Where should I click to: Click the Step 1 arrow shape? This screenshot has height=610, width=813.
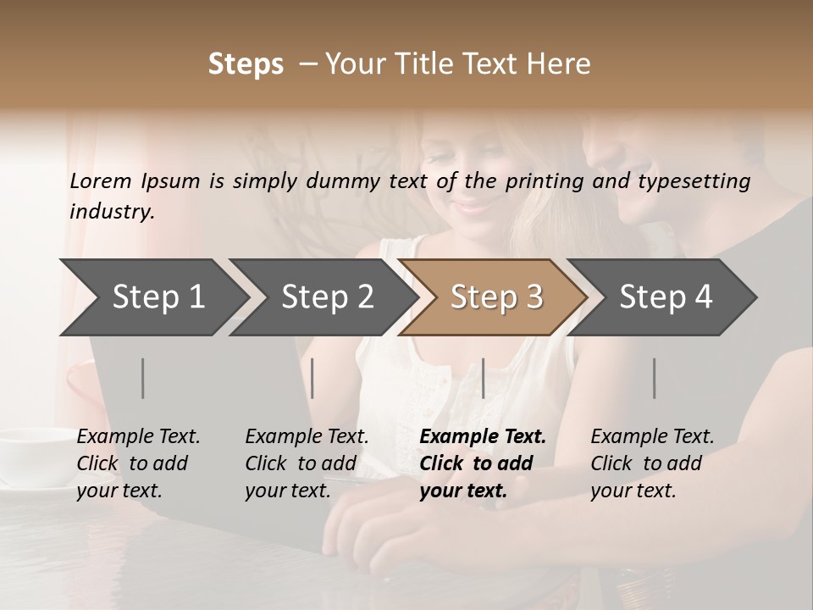tap(152, 297)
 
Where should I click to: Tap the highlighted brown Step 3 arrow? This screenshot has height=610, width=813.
tap(495, 297)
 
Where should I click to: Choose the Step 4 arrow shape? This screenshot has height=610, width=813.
tap(665, 297)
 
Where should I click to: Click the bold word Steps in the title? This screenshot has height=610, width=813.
tap(246, 64)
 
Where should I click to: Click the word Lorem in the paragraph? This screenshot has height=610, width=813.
tap(100, 180)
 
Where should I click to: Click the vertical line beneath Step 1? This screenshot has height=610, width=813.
tap(143, 378)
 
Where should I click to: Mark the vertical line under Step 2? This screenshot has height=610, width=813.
tap(312, 378)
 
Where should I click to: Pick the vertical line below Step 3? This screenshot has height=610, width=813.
tap(483, 378)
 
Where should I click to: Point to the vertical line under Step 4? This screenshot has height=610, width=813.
tap(654, 378)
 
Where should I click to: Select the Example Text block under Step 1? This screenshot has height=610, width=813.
tap(138, 463)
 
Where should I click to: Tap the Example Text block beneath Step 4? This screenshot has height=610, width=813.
tap(652, 463)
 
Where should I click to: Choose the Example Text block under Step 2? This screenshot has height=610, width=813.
tap(307, 463)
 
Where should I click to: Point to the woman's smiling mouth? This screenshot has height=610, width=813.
tap(474, 206)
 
